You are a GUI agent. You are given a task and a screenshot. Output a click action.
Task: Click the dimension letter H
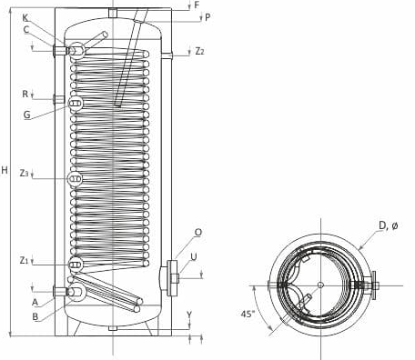point(5,170)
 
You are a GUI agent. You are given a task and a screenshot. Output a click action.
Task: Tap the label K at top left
point(25,18)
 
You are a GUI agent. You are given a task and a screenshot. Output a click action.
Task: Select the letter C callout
point(26,29)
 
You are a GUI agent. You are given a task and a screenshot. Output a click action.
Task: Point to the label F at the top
point(197,5)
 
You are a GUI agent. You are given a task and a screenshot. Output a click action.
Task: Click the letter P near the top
point(207,17)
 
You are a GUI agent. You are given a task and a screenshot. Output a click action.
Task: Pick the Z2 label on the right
point(199,51)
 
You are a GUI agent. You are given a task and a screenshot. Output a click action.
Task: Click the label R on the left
point(25,95)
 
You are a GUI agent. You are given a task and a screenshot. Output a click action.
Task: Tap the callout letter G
point(27,115)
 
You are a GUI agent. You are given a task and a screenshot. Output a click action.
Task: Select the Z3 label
point(24,173)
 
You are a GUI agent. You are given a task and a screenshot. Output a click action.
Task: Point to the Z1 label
point(24,260)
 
